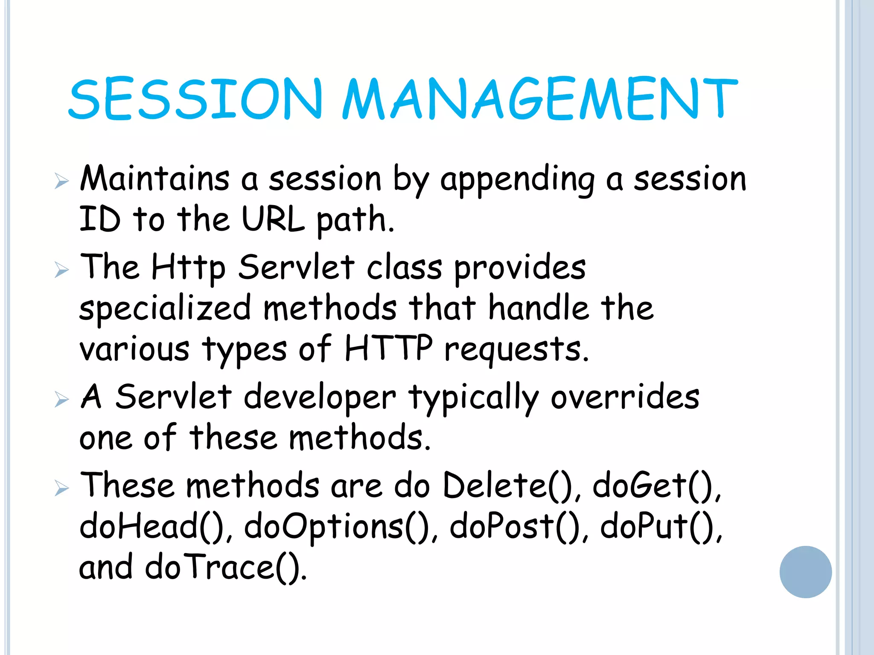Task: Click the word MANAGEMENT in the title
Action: click(x=540, y=99)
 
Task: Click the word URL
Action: click(x=273, y=219)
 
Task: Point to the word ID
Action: click(x=100, y=219)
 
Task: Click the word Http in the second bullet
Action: click(x=188, y=268)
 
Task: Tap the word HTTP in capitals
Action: click(x=388, y=348)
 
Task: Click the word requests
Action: click(x=516, y=350)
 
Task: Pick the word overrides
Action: click(x=625, y=397)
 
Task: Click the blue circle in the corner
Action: click(x=805, y=572)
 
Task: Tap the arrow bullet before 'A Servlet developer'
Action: click(x=61, y=400)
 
